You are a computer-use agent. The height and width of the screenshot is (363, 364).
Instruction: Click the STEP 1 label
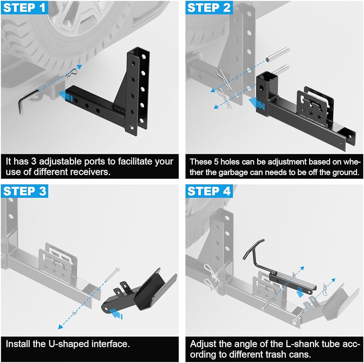[x=24, y=8]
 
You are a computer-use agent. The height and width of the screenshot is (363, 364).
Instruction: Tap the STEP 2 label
[x=209, y=8]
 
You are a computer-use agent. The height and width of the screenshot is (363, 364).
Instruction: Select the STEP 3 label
[x=25, y=191]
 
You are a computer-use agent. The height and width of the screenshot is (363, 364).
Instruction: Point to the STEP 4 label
[x=209, y=191]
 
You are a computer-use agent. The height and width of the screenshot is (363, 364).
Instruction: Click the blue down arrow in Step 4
[x=300, y=292]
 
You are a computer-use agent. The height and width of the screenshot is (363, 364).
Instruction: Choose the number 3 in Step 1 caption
[x=33, y=161]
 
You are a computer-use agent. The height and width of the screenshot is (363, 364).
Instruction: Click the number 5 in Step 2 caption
[x=216, y=162]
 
